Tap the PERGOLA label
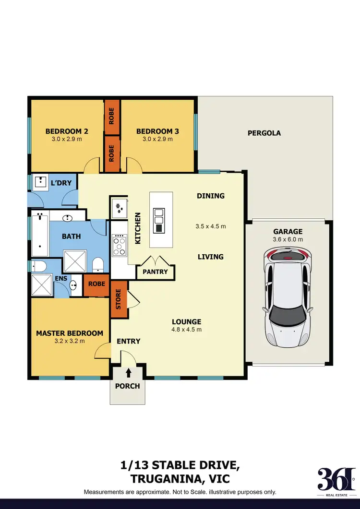pos(264,133)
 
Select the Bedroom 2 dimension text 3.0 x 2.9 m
pos(67,139)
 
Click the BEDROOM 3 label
pos(157,131)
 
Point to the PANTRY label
pos(155,272)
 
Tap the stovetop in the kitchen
pos(119,245)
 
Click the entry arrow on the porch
pos(128,372)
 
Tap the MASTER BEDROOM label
pos(70,333)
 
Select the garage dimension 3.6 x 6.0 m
pos(288,239)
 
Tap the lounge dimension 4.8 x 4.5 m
pos(186,330)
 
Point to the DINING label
pos(211,195)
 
